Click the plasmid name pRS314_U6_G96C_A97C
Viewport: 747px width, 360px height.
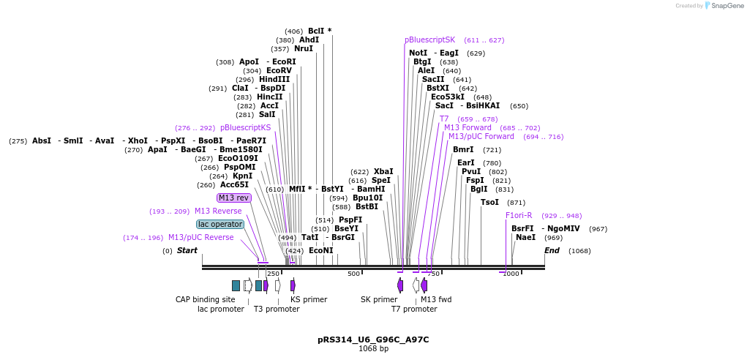[x=373, y=340]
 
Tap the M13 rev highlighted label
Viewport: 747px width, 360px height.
[x=233, y=198]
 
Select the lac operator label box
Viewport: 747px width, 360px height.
[x=220, y=224]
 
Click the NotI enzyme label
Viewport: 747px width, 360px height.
[x=418, y=53]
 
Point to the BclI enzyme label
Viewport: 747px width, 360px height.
[x=317, y=31]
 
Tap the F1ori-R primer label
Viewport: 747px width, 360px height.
[x=519, y=215]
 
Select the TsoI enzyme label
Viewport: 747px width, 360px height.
[x=489, y=202]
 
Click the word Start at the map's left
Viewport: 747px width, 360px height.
[x=187, y=250]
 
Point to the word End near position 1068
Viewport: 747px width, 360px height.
[x=552, y=250]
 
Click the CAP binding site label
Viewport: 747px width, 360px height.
[x=206, y=299]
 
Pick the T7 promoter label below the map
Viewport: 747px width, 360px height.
[x=414, y=309]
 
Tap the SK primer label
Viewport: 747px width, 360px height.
[x=379, y=299]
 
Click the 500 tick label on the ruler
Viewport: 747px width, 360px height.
[x=354, y=274]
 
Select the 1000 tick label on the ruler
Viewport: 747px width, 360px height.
[x=511, y=274]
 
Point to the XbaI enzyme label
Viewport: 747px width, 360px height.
[x=383, y=171]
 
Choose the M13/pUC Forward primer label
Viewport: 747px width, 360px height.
[x=481, y=136]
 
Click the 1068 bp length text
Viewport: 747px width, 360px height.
[x=373, y=348]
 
